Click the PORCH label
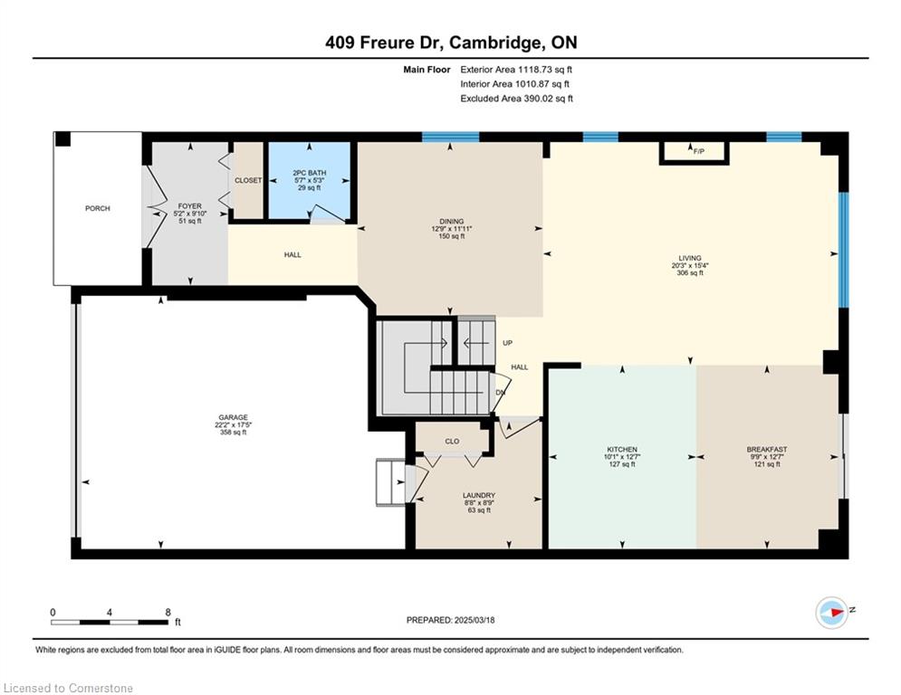(x=98, y=208)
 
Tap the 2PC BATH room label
(x=309, y=173)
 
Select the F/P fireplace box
(x=695, y=153)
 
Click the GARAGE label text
(x=233, y=417)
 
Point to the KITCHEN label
(x=622, y=450)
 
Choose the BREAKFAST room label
(x=767, y=450)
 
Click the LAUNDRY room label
(x=479, y=496)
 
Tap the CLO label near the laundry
(x=452, y=441)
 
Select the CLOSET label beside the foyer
(x=248, y=180)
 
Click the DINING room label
(x=452, y=222)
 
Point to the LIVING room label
(x=689, y=259)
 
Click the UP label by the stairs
(x=507, y=343)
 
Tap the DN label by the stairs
(x=501, y=393)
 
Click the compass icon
(x=831, y=613)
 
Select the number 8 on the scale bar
(x=168, y=613)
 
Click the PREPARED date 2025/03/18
(x=474, y=620)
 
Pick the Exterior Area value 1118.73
(x=535, y=70)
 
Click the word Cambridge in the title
(x=495, y=43)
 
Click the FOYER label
(x=189, y=206)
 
